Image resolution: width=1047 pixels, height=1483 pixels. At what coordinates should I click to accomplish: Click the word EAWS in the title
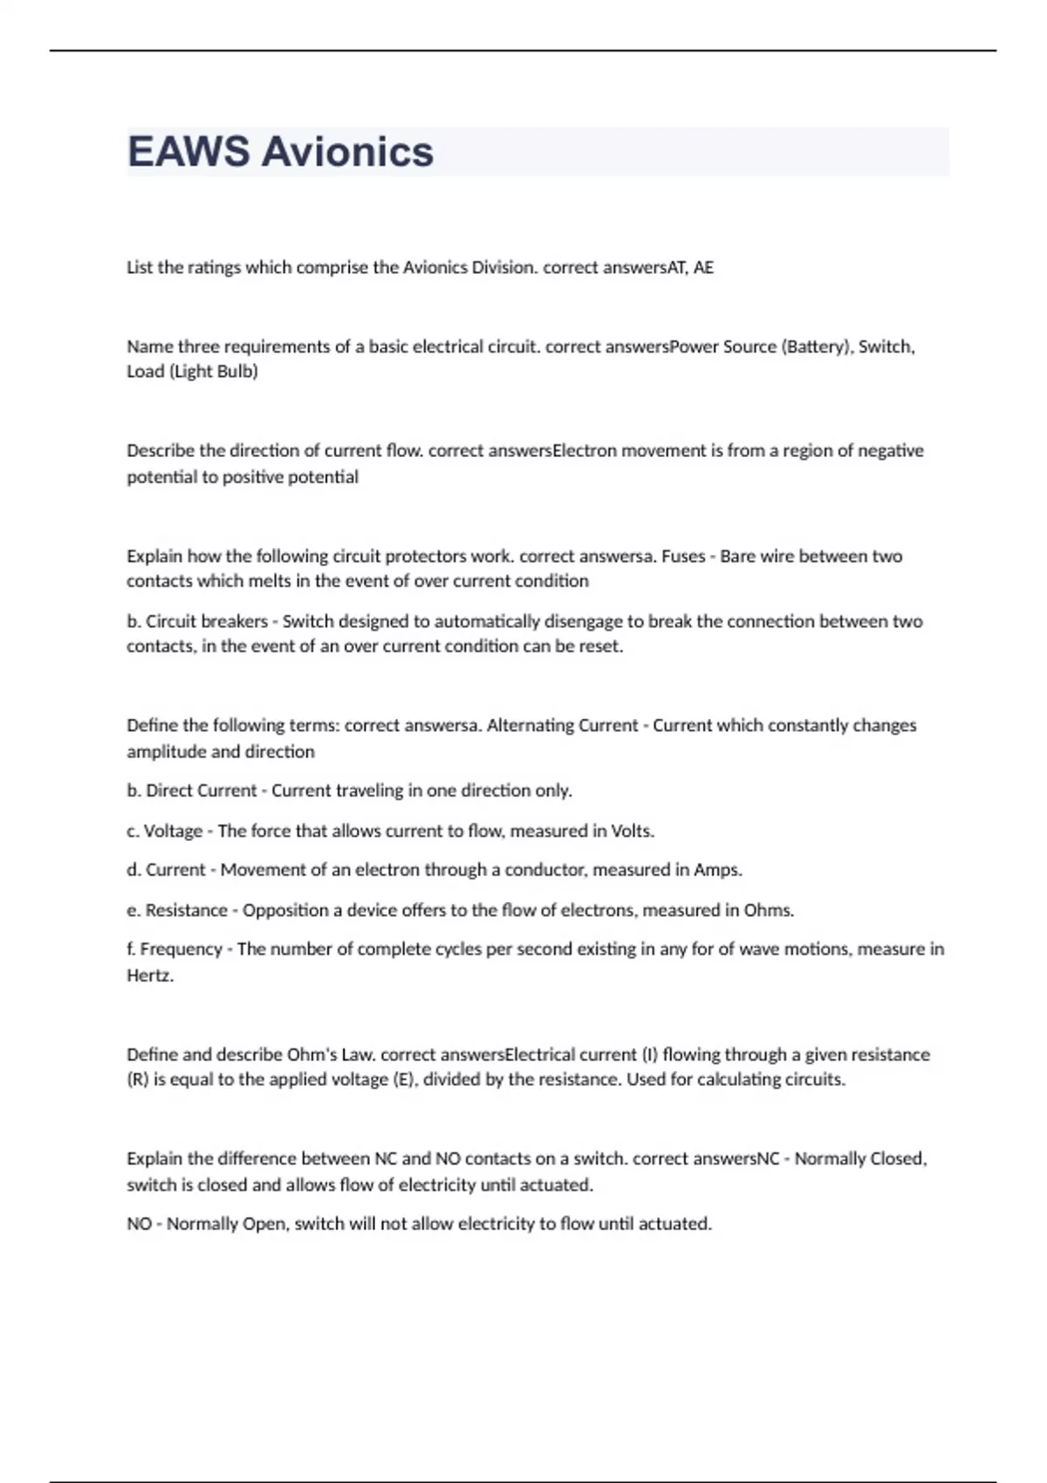tap(188, 152)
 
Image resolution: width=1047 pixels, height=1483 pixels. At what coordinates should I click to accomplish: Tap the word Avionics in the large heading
tap(347, 152)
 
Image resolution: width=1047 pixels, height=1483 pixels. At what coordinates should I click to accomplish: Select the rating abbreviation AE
tap(703, 268)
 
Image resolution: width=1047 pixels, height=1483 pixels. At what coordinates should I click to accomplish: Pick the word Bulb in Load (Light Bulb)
tap(238, 372)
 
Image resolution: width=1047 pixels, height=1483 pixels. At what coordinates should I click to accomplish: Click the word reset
tap(601, 646)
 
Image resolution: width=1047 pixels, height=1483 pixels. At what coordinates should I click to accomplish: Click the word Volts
tap(632, 831)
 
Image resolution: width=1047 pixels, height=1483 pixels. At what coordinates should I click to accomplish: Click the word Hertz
tap(150, 975)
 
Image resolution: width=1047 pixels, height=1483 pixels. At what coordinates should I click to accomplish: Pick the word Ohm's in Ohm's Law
tap(311, 1055)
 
